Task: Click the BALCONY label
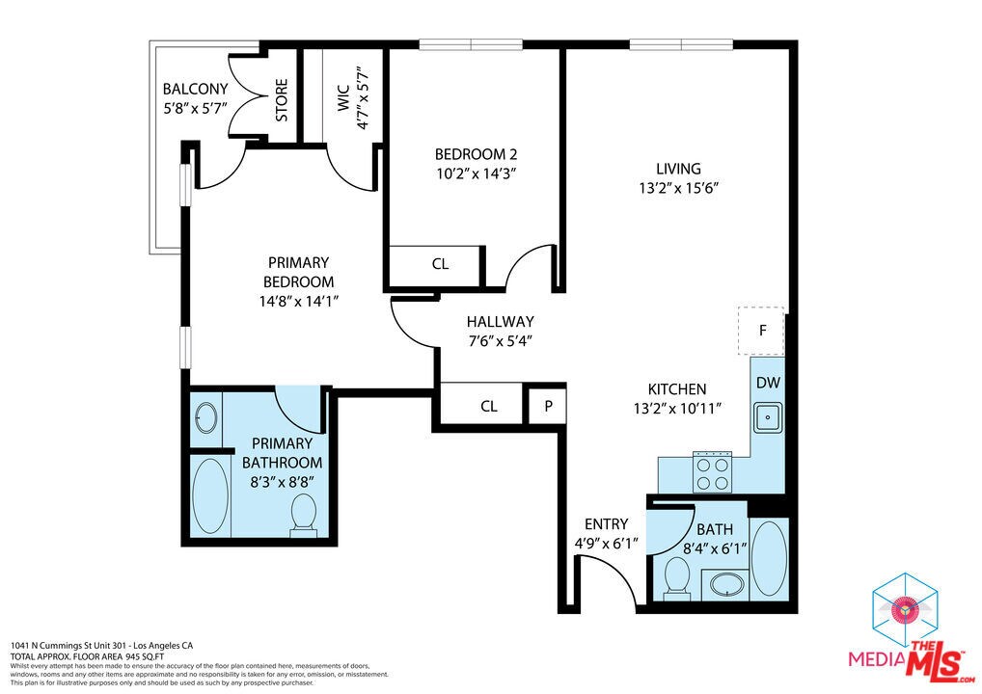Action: coord(196,89)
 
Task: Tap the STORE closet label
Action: coord(282,100)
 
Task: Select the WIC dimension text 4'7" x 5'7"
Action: coord(362,97)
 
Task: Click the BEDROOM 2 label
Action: coord(476,154)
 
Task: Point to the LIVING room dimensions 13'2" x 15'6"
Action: coord(678,188)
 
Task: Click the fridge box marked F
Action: coord(761,331)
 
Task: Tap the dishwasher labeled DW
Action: coord(768,383)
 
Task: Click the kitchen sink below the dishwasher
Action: coord(767,416)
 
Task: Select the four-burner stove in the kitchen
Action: coord(713,473)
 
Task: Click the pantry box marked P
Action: coord(548,406)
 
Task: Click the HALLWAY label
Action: coord(501,322)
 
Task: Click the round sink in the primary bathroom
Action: coord(206,417)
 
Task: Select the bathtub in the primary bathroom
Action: coord(210,496)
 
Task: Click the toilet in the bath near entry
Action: coord(676,579)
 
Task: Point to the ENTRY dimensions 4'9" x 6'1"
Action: coord(606,544)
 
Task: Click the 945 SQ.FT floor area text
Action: coord(145,657)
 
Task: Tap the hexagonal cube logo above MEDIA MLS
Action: coord(905,609)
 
